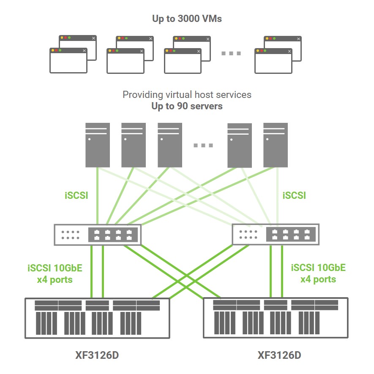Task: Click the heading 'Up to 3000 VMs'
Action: pos(187,19)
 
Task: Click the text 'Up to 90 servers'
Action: pos(187,106)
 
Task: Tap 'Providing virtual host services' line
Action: pos(187,95)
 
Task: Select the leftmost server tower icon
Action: pos(98,145)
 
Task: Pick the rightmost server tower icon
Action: pos(275,145)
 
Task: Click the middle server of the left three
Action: pos(134,145)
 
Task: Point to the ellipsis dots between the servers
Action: pos(203,146)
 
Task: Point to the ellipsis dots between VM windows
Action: pos(231,54)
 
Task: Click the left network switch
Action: pos(97,234)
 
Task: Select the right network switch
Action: pos(276,234)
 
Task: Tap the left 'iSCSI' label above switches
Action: pos(76,195)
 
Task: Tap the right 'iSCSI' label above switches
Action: pos(294,195)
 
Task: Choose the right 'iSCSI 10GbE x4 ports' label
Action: pos(318,273)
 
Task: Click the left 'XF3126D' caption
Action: pos(97,355)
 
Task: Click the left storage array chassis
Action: pos(97,318)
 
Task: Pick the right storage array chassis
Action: pos(276,317)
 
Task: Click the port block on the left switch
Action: pos(113,234)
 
